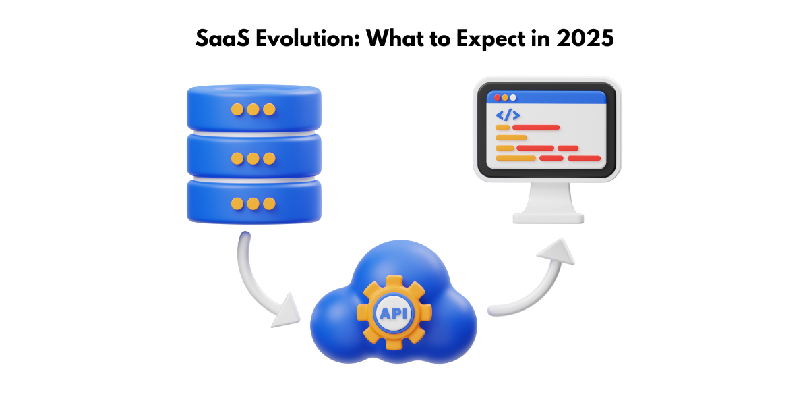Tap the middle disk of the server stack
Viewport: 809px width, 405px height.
[x=253, y=158]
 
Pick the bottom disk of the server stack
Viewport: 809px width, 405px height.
[x=253, y=202]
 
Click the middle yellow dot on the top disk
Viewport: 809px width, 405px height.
[x=253, y=109]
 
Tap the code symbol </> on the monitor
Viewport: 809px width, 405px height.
[x=508, y=115]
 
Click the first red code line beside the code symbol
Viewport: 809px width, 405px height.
[x=535, y=127]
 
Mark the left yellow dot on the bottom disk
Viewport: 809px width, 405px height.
[x=237, y=203]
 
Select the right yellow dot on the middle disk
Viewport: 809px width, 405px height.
[x=269, y=159]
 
